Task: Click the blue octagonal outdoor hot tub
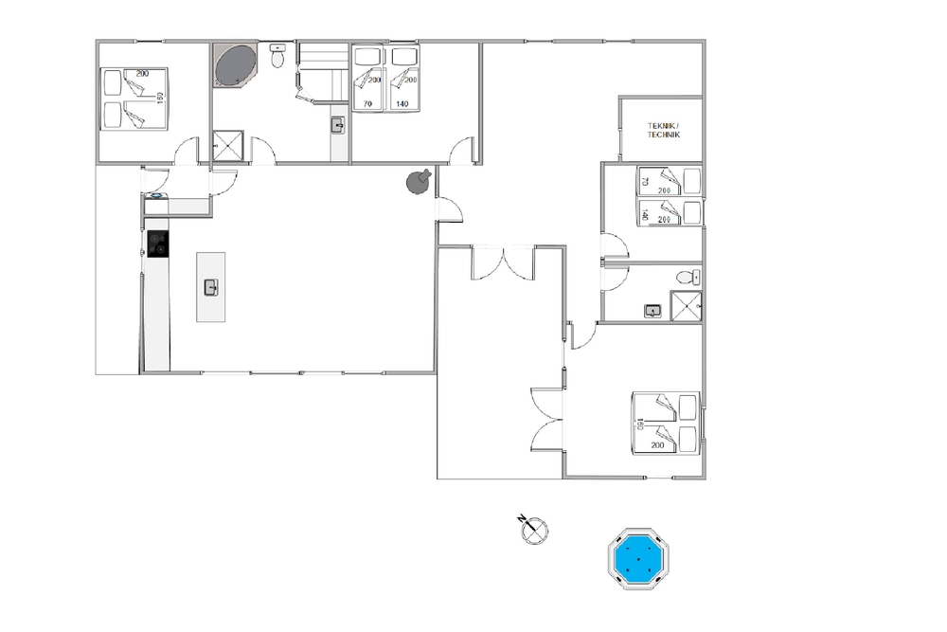point(638,559)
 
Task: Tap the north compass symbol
point(534,530)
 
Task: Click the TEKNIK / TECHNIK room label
point(664,131)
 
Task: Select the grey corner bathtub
point(235,64)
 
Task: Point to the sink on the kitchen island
point(211,288)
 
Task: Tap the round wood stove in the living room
point(419,181)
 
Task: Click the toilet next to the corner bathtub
point(277,56)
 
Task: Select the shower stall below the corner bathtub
point(227,146)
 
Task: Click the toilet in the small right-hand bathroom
point(688,277)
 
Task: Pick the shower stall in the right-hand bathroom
point(686,306)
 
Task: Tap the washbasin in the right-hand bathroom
point(652,311)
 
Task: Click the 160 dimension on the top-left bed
point(160,98)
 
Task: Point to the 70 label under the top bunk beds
point(367,104)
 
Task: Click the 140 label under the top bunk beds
point(402,104)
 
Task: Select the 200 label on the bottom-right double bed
point(658,445)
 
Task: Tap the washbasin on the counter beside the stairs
point(338,125)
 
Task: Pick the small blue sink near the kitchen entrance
point(156,195)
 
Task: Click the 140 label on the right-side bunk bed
point(645,214)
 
